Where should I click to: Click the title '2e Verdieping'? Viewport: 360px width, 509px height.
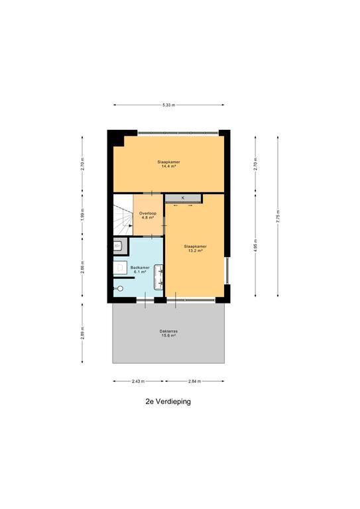coord(168,402)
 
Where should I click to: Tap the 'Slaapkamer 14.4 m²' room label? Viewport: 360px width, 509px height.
coord(169,164)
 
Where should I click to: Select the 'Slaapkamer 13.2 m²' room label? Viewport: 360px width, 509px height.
coord(195,249)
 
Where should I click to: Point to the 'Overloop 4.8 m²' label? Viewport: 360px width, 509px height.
coord(148,215)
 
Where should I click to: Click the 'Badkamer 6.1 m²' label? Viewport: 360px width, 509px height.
coord(140,270)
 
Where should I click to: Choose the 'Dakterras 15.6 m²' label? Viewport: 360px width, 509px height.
coord(169,333)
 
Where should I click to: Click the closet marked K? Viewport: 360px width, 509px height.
coord(183,198)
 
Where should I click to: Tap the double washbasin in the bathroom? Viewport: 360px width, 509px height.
coord(158,276)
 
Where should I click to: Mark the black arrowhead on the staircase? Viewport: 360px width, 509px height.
coord(131,225)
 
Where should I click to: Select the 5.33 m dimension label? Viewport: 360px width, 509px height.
coord(169,105)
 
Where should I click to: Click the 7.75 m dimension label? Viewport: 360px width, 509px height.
coord(278,216)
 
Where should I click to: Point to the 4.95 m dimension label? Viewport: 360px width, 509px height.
coord(255,245)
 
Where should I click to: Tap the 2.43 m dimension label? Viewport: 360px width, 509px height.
coord(139,381)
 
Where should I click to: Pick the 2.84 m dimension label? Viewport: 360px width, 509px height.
coord(194,381)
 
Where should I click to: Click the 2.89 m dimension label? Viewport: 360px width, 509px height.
coord(82,333)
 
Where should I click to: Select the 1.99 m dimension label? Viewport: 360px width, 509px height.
coord(82,215)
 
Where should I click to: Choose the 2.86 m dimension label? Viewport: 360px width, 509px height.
coord(82,267)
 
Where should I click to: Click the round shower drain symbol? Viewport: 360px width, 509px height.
coord(121,288)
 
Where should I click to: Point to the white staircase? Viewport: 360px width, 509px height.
coord(123,215)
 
